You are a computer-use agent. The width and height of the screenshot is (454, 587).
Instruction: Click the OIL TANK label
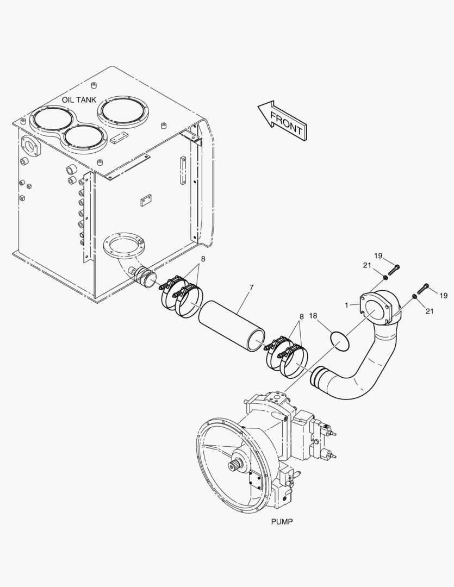pyautogui.click(x=79, y=100)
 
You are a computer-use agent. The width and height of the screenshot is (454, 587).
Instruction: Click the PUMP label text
pyautogui.click(x=282, y=521)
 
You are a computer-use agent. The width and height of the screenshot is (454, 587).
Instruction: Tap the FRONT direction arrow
pyautogui.click(x=283, y=121)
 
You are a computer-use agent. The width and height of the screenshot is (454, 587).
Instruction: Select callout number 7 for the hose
pyautogui.click(x=251, y=288)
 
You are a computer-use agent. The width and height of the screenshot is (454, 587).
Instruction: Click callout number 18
pyautogui.click(x=313, y=316)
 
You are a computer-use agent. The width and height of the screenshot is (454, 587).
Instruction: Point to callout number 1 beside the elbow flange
pyautogui.click(x=347, y=305)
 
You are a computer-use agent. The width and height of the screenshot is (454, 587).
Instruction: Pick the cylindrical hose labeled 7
pyautogui.click(x=232, y=326)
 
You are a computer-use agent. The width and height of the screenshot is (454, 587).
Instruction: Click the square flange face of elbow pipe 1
pyautogui.click(x=375, y=308)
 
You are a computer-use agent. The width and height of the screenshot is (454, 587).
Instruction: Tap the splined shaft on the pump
pyautogui.click(x=233, y=466)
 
